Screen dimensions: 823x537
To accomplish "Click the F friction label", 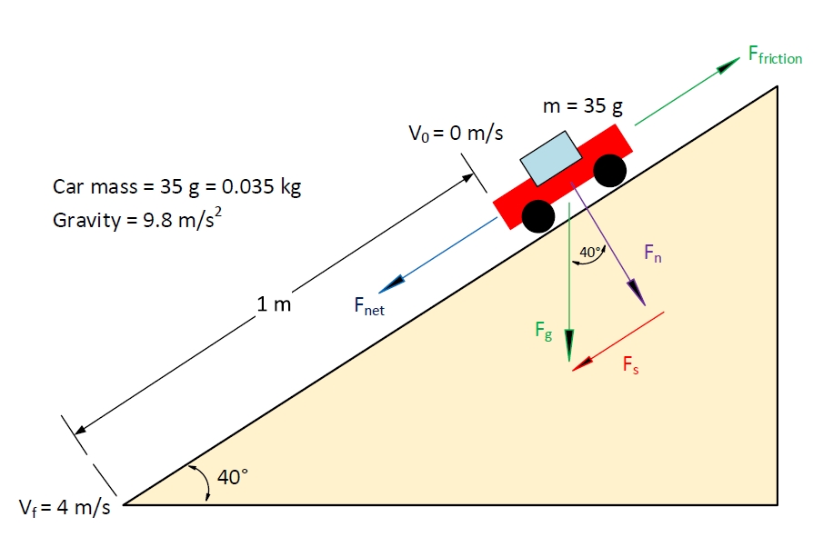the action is pyautogui.click(x=775, y=55).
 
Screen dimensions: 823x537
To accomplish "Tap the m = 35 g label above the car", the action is pyautogui.click(x=583, y=106).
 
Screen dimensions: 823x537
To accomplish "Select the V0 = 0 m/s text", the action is pyautogui.click(x=456, y=134).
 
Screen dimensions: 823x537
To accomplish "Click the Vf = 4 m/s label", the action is pyautogui.click(x=65, y=508).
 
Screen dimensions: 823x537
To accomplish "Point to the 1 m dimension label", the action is pyautogui.click(x=274, y=304).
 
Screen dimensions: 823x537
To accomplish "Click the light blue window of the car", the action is pyautogui.click(x=551, y=158).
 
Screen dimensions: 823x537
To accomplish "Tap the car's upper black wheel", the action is pyautogui.click(x=610, y=171).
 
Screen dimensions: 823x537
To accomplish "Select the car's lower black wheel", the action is pyautogui.click(x=538, y=216).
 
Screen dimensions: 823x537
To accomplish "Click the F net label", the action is pyautogui.click(x=369, y=306).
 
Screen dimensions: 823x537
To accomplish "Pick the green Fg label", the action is pyautogui.click(x=544, y=331).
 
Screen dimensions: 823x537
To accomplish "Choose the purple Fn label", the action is pyautogui.click(x=653, y=254).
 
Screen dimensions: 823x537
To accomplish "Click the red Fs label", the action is pyautogui.click(x=630, y=364).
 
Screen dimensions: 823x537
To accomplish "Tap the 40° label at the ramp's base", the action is pyautogui.click(x=233, y=477).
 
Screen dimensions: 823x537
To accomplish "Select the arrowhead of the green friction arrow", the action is pyautogui.click(x=729, y=65).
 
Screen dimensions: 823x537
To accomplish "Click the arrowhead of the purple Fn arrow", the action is pyautogui.click(x=638, y=293).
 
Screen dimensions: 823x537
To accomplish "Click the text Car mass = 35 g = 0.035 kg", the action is pyautogui.click(x=177, y=186).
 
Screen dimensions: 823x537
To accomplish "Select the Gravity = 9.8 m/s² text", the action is pyautogui.click(x=137, y=218).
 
